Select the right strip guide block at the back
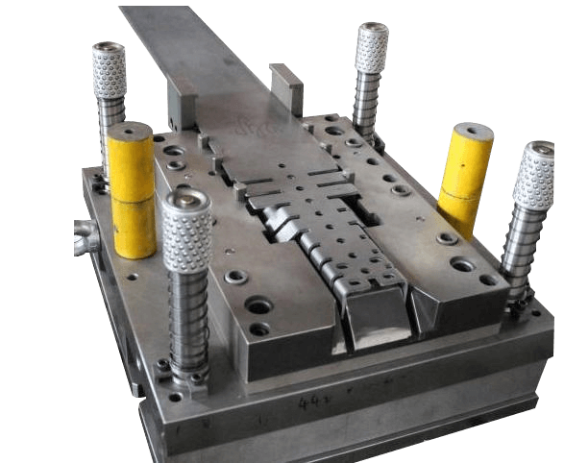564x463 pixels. click(285, 88)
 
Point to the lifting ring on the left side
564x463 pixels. click(81, 235)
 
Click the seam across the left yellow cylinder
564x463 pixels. click(131, 188)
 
